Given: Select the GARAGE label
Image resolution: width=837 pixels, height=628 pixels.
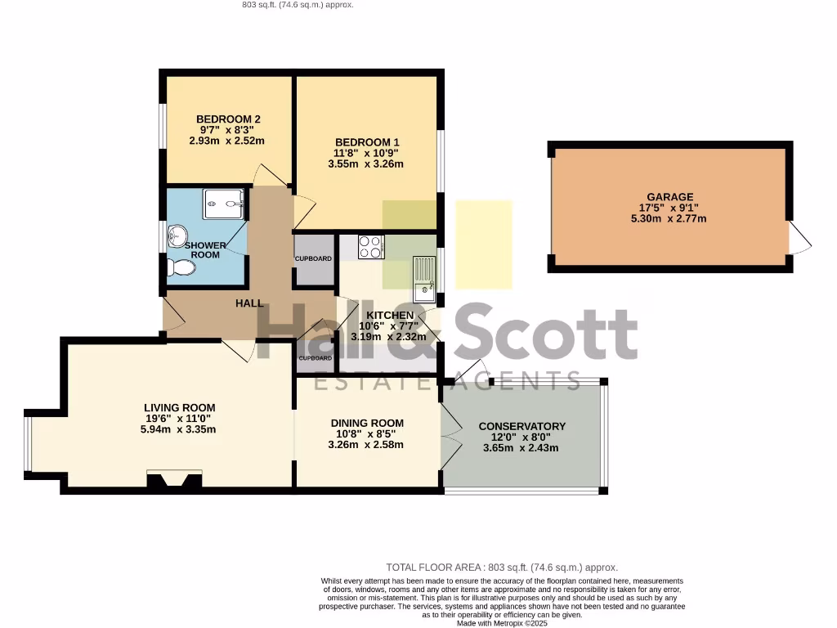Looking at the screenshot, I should (669, 196).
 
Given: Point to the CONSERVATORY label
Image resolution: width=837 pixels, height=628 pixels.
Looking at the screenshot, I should (521, 426).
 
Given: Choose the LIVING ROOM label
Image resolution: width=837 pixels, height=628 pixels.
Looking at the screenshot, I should (179, 407).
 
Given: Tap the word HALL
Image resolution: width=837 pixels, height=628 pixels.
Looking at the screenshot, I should (249, 303).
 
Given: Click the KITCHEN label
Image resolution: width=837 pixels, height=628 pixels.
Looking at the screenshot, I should (390, 315).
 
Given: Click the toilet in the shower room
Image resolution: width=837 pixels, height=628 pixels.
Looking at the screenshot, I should (180, 267).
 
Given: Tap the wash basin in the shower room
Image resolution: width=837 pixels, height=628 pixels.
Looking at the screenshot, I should (177, 236).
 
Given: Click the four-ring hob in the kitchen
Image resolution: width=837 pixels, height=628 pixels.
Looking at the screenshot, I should (371, 246).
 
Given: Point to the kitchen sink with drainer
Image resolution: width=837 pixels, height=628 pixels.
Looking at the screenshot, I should (424, 278).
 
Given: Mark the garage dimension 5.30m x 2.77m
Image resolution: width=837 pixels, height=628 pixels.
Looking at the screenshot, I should (669, 218).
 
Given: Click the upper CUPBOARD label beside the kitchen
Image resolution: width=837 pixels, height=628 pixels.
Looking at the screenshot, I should (314, 259).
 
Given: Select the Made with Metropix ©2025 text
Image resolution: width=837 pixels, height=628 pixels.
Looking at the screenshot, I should (502, 622).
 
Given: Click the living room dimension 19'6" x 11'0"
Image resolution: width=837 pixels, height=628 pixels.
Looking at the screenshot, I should (179, 418).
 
